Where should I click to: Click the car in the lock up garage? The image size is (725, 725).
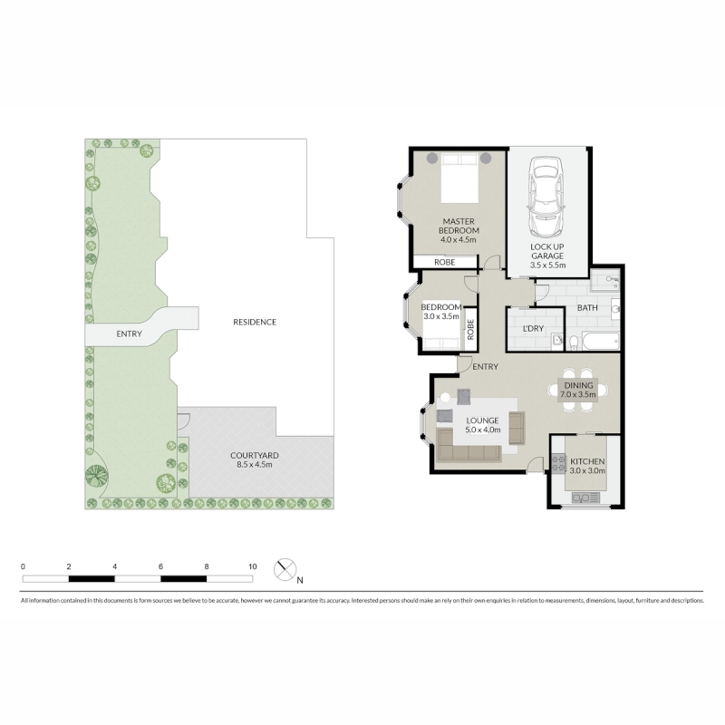click(x=546, y=196)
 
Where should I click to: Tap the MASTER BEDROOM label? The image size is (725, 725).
click(x=459, y=226)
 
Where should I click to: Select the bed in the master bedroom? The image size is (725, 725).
click(x=459, y=178)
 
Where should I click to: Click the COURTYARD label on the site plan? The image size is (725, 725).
click(x=255, y=456)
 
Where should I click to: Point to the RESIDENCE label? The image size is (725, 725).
click(x=255, y=322)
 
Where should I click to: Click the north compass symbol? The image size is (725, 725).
click(x=285, y=570)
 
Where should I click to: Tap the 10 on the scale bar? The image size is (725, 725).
click(x=253, y=566)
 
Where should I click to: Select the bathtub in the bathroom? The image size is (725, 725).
click(x=600, y=342)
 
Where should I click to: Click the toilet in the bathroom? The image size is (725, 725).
click(x=574, y=343)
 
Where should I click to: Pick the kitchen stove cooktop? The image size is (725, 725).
click(x=558, y=463)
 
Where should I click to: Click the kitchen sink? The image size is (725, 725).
click(x=585, y=498)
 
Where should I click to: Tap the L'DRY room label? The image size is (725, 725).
click(x=533, y=328)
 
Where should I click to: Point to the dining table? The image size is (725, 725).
click(x=578, y=390)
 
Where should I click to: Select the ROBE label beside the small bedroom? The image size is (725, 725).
click(x=470, y=330)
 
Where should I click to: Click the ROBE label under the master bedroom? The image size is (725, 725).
click(x=445, y=262)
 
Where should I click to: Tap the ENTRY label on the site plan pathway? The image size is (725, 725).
click(x=129, y=333)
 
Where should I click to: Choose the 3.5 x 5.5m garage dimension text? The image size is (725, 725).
click(x=547, y=265)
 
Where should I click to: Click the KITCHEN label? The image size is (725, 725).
click(x=587, y=461)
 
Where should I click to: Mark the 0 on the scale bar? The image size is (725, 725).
click(x=24, y=566)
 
